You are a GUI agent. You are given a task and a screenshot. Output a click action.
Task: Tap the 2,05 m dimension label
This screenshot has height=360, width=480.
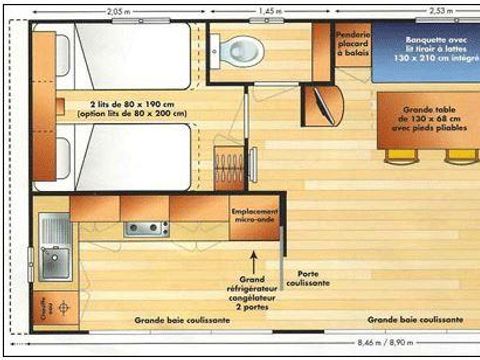(117, 10)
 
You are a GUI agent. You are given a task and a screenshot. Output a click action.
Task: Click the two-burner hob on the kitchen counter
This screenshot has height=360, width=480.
(146, 228)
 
